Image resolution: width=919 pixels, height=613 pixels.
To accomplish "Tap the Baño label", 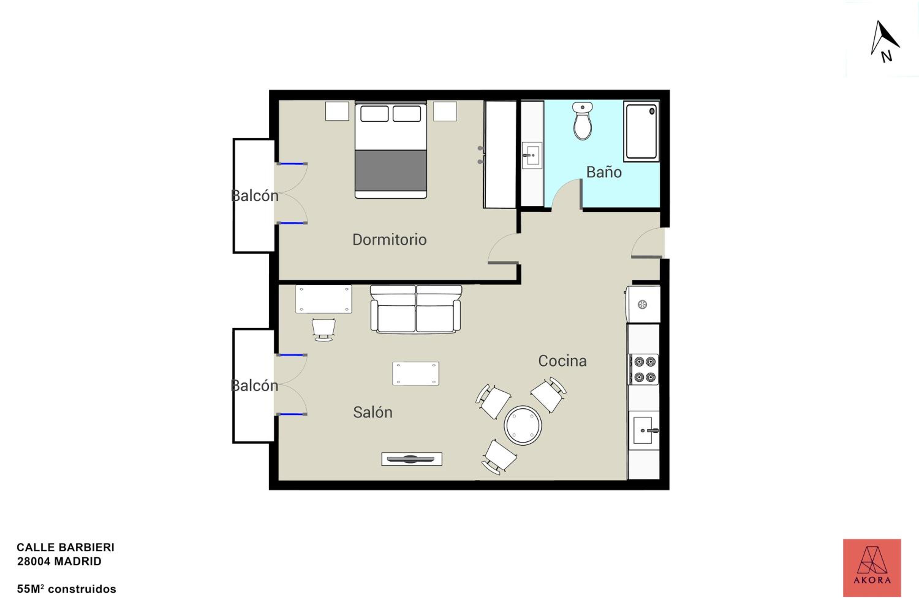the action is pos(604,172).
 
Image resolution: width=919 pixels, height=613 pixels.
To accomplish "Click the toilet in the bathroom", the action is pos(583,121).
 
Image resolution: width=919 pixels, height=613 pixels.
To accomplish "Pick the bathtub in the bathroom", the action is pos(641,131).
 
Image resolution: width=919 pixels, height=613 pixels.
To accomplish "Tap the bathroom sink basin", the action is pos(532,155).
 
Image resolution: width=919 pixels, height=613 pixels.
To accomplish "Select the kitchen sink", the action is pos(644,430).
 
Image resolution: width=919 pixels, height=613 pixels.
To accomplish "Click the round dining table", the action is pos(523,425).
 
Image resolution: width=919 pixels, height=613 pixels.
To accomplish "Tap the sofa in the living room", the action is pos(416,309).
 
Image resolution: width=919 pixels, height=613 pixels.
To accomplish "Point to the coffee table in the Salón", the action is pos(416,373).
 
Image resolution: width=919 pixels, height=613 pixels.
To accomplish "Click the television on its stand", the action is pos(412,459).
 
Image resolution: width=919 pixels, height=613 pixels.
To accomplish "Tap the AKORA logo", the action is pos(872,568).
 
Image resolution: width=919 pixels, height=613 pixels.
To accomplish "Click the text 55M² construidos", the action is pos(66,589).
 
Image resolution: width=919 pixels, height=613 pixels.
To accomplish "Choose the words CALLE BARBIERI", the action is pos(66,547).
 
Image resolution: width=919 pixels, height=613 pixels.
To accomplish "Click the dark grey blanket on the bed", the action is pos(391,170).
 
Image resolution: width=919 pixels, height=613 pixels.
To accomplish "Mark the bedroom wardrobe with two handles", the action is pos(500,154).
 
